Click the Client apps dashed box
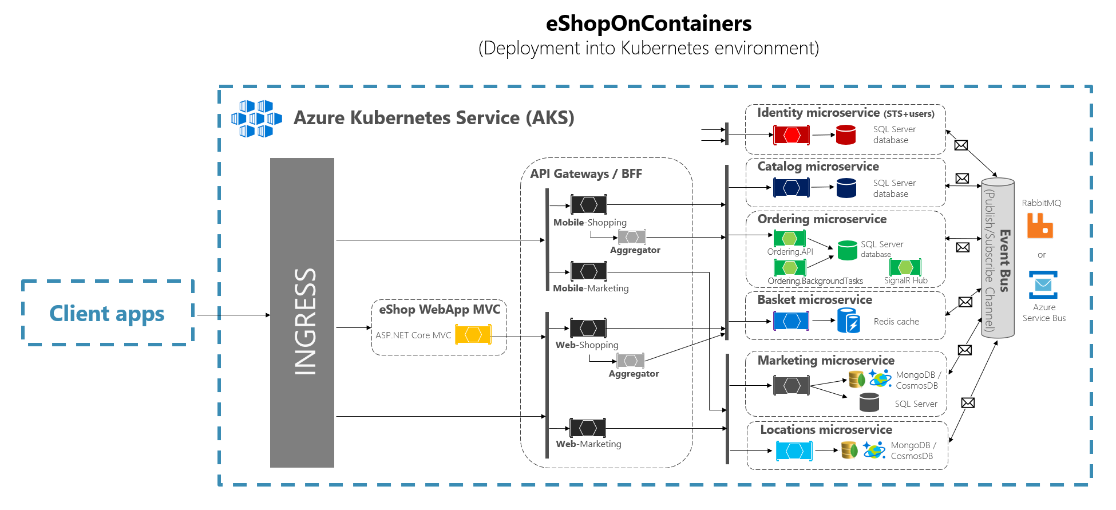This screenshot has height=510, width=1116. (x=108, y=313)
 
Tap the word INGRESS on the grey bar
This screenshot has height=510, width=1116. (x=305, y=321)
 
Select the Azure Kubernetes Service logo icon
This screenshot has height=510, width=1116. (x=256, y=119)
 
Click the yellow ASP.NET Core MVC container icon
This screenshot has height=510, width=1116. (x=473, y=334)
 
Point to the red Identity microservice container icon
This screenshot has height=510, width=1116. (x=792, y=135)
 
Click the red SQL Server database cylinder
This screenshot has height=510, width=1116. (x=845, y=135)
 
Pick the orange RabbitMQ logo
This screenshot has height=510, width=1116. (x=1040, y=226)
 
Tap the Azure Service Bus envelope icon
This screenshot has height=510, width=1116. (x=1043, y=284)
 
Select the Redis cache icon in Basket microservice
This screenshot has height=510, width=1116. (x=848, y=321)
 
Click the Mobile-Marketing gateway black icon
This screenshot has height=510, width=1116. (x=588, y=271)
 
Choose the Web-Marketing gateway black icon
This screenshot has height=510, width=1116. (x=588, y=428)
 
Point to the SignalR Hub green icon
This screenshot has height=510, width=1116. (x=905, y=267)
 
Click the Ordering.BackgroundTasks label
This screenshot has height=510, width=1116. (x=815, y=281)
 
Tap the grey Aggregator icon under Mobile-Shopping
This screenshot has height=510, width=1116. (x=632, y=237)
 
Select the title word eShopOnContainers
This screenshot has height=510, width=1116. (x=648, y=23)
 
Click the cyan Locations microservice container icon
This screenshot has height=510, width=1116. (x=794, y=451)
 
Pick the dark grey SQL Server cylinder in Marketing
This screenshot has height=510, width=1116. (x=869, y=402)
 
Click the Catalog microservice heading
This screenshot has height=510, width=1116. (x=818, y=167)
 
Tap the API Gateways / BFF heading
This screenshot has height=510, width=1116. (x=585, y=174)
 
